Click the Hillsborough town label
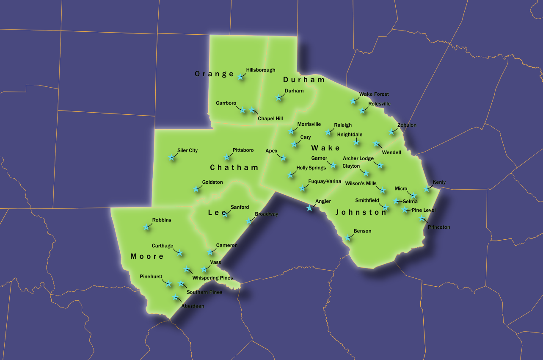(260, 70)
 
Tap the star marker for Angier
(309, 208)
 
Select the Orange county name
(214, 74)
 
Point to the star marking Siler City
(172, 157)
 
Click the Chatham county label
(234, 168)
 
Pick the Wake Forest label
(374, 94)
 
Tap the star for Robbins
(146, 227)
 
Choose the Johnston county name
(361, 213)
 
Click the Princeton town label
(439, 227)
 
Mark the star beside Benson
(348, 238)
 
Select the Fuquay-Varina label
(324, 181)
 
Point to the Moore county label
(147, 256)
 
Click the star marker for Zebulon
(391, 132)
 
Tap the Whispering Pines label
(212, 278)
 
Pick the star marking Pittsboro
(227, 157)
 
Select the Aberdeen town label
(193, 306)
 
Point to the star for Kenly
(427, 189)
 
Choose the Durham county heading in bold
(304, 80)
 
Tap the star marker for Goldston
(196, 189)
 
